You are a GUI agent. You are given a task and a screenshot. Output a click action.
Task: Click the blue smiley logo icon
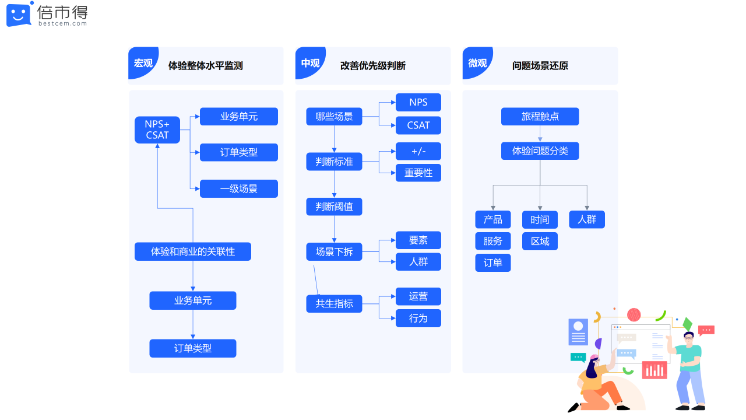click(19, 15)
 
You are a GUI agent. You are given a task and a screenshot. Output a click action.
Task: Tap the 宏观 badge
click(143, 63)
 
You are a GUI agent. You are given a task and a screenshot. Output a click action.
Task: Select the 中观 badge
click(310, 63)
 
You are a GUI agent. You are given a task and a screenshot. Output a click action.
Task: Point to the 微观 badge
click(477, 63)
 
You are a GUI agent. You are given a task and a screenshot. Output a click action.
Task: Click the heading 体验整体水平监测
click(205, 66)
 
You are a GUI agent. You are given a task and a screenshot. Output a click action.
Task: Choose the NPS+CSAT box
click(157, 129)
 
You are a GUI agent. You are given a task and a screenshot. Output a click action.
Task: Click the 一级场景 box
click(239, 188)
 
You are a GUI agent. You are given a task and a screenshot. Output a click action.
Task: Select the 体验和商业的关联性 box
click(193, 251)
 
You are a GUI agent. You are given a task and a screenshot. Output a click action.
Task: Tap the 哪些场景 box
click(334, 116)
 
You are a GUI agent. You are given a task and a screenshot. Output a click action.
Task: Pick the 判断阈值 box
click(334, 206)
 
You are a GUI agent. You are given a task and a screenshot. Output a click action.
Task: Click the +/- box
click(418, 151)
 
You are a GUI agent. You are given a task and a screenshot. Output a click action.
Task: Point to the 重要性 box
click(418, 173)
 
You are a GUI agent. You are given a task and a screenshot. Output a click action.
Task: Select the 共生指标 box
click(334, 303)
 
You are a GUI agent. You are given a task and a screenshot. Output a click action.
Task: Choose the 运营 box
click(418, 296)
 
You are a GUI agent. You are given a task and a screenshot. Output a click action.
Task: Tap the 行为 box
click(418, 318)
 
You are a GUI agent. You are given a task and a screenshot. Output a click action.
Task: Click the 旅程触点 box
click(540, 116)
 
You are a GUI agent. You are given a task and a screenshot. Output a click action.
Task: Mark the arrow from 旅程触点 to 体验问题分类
click(540, 134)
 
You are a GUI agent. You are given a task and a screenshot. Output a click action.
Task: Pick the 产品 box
click(493, 219)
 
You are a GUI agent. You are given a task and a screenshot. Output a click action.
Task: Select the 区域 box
click(540, 241)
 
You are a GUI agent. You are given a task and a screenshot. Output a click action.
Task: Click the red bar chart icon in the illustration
click(654, 370)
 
